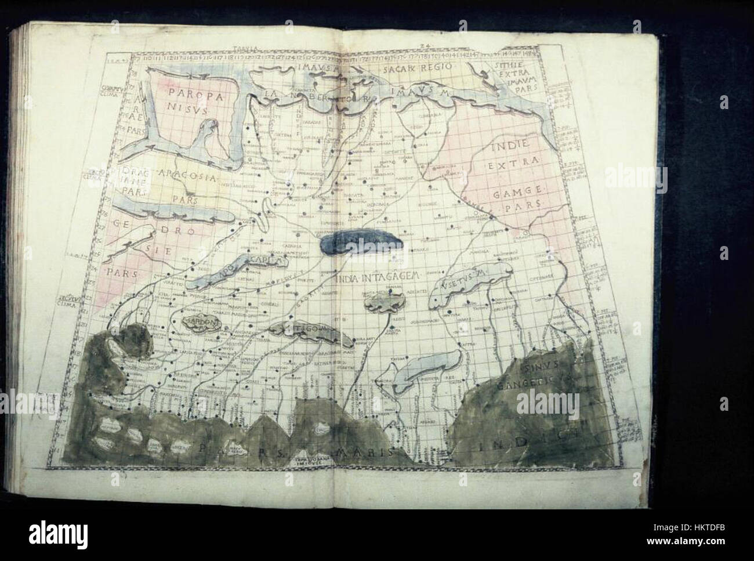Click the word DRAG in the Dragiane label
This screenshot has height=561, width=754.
[x=133, y=172]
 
